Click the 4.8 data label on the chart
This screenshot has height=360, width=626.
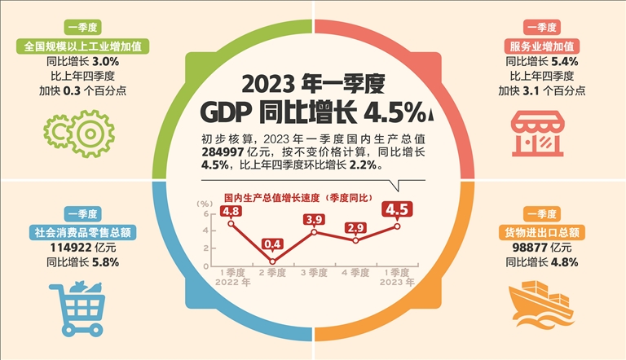tap(230, 212)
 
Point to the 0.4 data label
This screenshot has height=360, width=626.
tap(272, 244)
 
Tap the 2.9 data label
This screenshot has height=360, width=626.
tap(355, 227)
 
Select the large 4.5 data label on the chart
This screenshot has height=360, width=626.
tap(397, 210)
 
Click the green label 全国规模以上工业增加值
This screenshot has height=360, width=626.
tap(78, 46)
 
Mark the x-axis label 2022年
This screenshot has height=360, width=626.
tap(230, 282)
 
